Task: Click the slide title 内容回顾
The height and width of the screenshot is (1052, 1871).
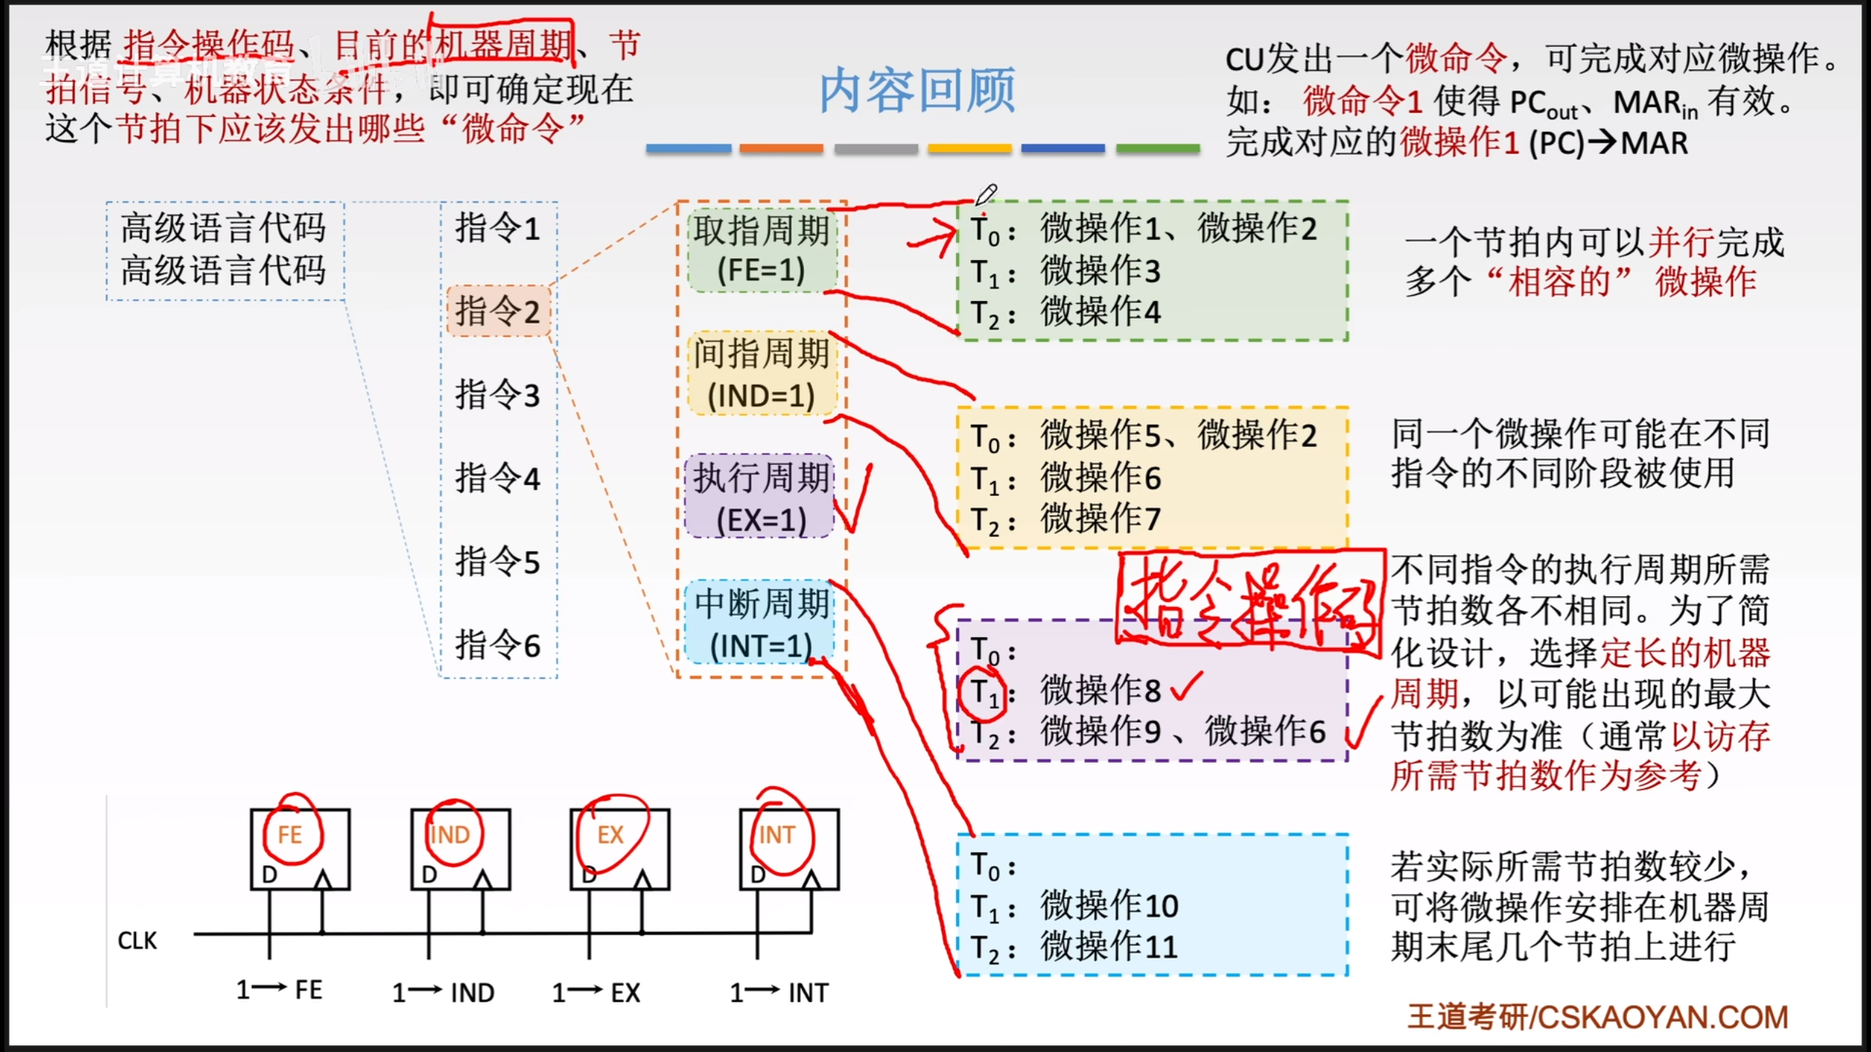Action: point(916,91)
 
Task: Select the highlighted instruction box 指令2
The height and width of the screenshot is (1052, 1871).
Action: point(498,311)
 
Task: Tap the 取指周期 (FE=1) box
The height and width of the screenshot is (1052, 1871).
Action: point(762,250)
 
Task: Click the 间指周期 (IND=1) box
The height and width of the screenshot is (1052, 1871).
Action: point(762,374)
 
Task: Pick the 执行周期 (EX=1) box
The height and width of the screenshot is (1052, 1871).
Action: point(760,498)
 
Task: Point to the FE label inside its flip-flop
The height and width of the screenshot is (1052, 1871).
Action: point(289,834)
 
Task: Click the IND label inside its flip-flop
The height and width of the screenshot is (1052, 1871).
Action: point(449,834)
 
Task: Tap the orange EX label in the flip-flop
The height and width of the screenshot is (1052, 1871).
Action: point(610,834)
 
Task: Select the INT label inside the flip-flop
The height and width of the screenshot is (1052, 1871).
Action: point(776,834)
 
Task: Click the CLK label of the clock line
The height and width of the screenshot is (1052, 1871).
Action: point(137,941)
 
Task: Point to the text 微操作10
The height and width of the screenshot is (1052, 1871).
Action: point(1109,906)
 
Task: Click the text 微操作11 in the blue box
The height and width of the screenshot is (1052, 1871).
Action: point(1109,948)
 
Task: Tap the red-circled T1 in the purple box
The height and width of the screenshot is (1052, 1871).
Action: point(984,690)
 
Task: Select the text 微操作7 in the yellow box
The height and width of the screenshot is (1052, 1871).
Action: point(1100,519)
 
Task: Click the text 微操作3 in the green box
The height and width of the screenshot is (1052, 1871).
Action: point(1100,271)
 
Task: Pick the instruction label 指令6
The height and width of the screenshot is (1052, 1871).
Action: point(498,645)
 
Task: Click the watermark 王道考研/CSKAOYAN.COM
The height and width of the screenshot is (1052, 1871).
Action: point(1598,1017)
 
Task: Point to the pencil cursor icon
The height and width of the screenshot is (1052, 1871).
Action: point(986,195)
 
